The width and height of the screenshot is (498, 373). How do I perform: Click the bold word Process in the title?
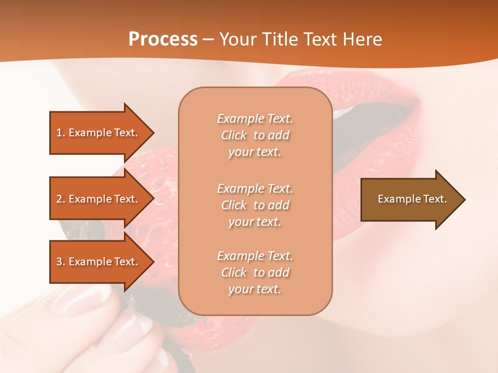point(163,39)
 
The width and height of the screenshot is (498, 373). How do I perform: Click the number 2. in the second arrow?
point(61,199)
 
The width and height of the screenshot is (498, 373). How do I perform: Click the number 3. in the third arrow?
point(61,262)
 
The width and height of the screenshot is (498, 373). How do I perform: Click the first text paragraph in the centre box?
point(255,135)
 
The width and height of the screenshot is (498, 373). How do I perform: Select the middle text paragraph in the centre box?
point(255,205)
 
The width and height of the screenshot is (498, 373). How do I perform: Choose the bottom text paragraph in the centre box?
point(255,272)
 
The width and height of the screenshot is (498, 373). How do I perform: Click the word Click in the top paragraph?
point(234,135)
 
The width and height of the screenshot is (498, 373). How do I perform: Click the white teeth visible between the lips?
point(342,111)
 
